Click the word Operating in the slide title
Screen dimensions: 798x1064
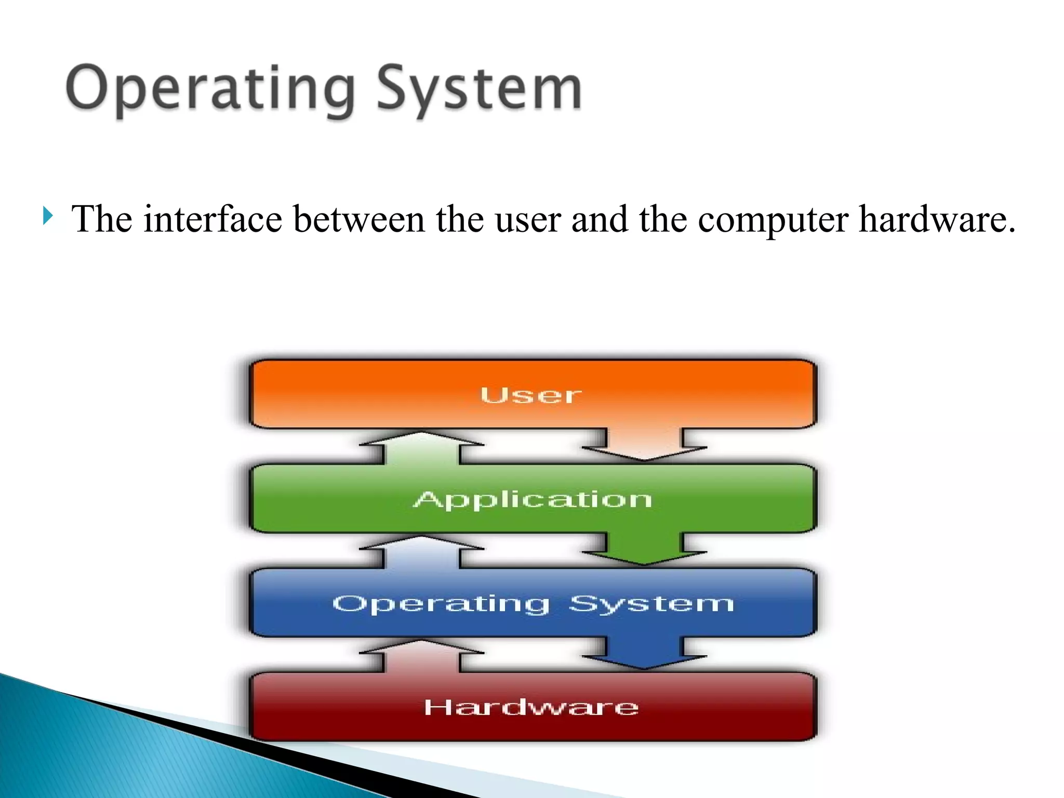click(210, 89)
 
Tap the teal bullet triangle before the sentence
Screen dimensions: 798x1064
click(48, 216)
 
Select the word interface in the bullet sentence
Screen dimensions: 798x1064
click(212, 219)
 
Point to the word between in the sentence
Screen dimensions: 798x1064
click(359, 219)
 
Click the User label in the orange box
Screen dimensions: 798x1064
click(530, 395)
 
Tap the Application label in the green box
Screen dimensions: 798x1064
click(533, 500)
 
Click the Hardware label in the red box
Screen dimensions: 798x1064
click(531, 708)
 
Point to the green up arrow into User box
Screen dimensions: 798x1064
click(421, 448)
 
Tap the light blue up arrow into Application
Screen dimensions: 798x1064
click(421, 552)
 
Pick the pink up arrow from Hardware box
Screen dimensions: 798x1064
click(421, 656)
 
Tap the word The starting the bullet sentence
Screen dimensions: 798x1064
click(102, 219)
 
